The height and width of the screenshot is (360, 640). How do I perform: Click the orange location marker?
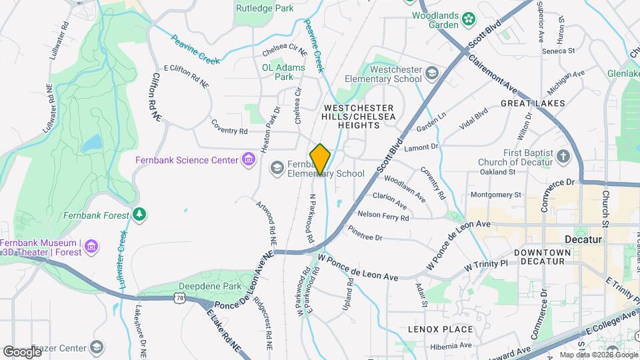[x=320, y=159]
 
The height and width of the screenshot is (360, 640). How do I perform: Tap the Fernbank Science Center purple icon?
[x=249, y=159]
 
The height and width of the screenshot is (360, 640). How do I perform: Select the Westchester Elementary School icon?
[x=432, y=73]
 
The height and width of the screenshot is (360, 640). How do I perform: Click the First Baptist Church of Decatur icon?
[x=564, y=157]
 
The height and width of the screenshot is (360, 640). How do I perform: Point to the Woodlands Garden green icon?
[x=469, y=18]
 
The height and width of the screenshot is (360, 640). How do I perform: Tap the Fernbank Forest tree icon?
[x=139, y=214]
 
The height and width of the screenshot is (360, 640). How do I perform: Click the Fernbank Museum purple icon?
[x=92, y=247]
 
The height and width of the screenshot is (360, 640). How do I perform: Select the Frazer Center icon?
[x=97, y=347]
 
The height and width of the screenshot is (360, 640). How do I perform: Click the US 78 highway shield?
[x=179, y=299]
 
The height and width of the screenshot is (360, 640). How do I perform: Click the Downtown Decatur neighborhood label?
[x=543, y=257]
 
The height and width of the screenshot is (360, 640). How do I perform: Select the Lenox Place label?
[x=440, y=329]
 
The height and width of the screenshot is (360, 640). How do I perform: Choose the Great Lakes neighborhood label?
[x=533, y=103]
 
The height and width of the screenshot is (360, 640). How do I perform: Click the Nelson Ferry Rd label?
[x=383, y=215]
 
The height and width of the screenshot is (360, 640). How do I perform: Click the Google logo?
[x=22, y=351]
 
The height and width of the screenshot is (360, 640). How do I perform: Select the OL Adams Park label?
[x=283, y=72]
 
